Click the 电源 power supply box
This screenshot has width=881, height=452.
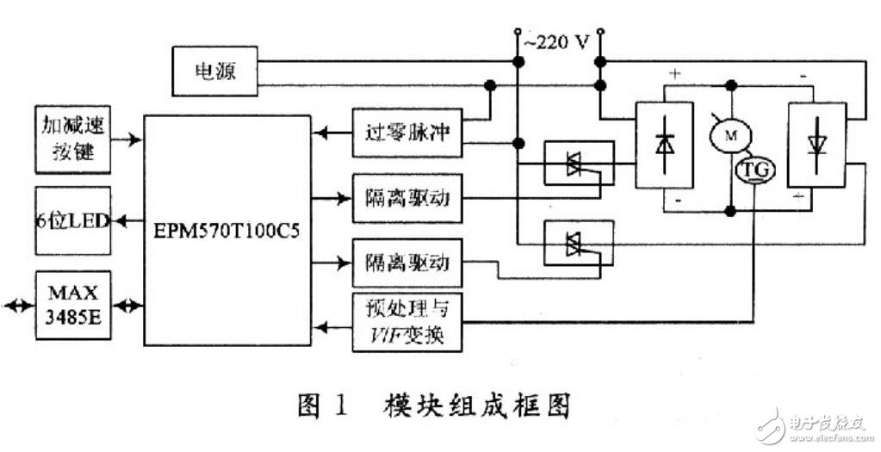(215, 71)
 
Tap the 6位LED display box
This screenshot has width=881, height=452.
(73, 220)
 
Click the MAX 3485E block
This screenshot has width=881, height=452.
(73, 305)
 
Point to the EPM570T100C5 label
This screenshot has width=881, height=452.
(226, 232)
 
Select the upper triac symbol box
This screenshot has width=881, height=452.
(578, 163)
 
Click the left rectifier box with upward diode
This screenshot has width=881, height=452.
(664, 145)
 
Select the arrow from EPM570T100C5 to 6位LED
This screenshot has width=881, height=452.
(127, 221)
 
